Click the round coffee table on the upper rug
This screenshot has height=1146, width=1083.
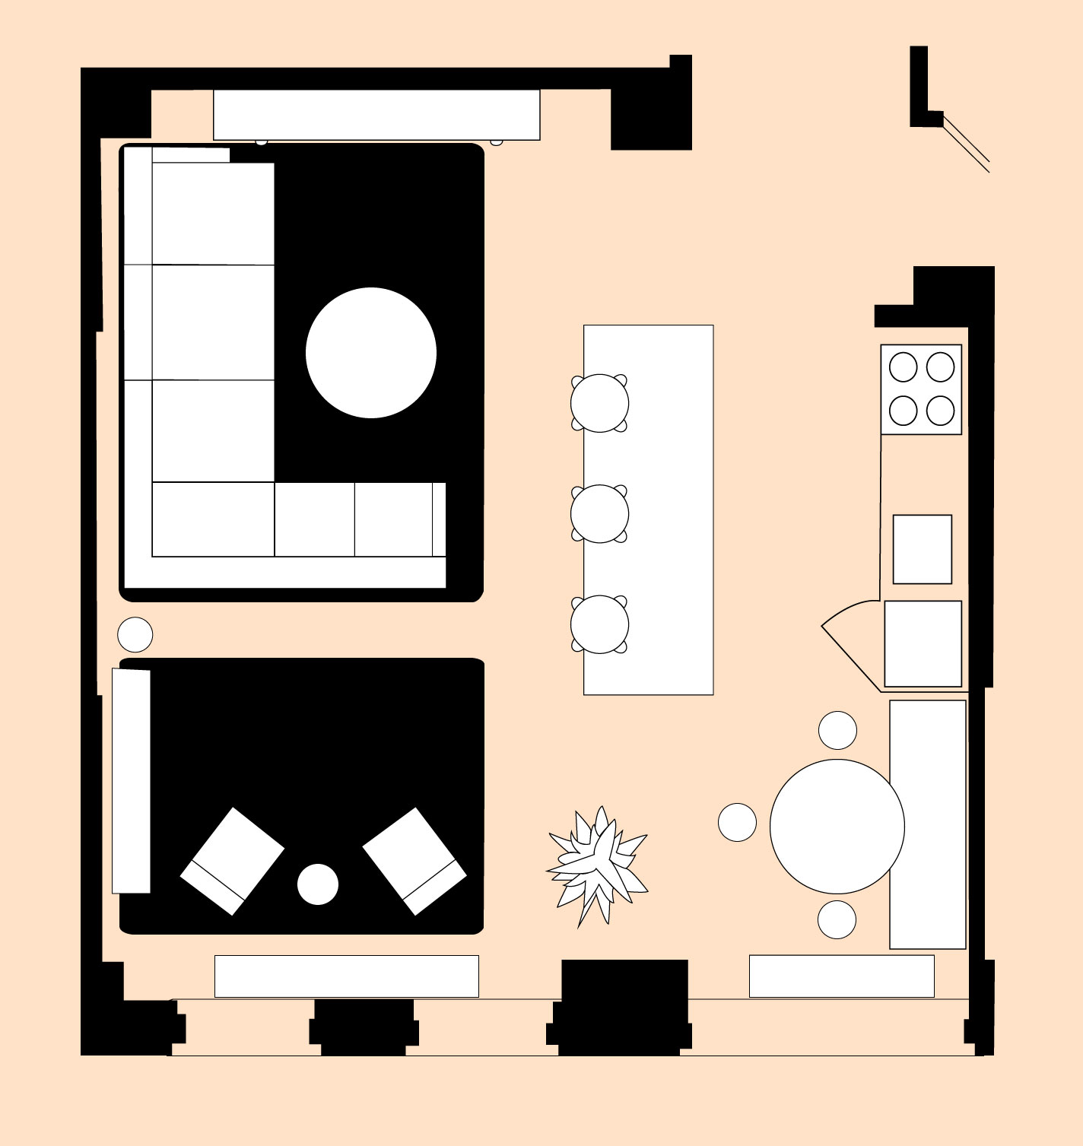click(371, 353)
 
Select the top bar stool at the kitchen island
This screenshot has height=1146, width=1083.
click(599, 403)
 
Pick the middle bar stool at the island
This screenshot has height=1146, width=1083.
click(599, 514)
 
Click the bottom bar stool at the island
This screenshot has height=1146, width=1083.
click(599, 624)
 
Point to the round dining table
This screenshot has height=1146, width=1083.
click(837, 827)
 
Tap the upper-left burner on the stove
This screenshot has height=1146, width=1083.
click(904, 367)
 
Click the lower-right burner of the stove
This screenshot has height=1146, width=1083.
click(941, 411)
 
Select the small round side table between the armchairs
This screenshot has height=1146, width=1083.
click(318, 884)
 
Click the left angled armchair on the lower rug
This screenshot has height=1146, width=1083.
click(232, 861)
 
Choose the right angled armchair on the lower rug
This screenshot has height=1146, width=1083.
click(414, 861)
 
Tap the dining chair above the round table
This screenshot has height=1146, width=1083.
click(837, 730)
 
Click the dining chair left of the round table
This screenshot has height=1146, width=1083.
click(737, 822)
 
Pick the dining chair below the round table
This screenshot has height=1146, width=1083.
click(837, 919)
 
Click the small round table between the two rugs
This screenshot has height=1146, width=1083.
click(135, 634)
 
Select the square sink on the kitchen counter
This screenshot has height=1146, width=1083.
click(923, 549)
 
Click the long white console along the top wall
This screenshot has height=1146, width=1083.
click(376, 115)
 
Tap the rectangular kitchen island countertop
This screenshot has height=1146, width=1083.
click(669, 510)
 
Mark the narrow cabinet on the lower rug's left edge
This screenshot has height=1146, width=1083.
click(131, 780)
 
